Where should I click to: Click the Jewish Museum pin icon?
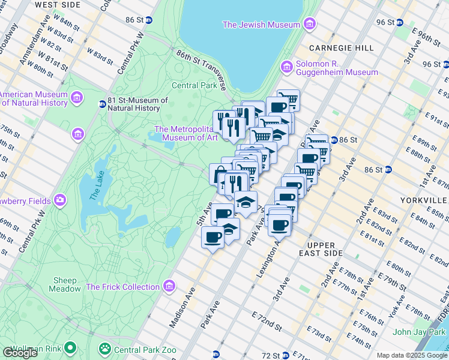[309, 25]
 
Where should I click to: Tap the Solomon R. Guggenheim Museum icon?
[287, 67]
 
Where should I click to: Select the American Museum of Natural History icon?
[77, 97]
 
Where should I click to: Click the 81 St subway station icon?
[101, 104]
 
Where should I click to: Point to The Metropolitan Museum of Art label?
[185, 133]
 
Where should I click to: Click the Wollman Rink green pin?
[71, 348]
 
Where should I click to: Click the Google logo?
[20, 353]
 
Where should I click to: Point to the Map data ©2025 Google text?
[412, 355]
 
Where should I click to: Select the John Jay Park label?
[420, 332]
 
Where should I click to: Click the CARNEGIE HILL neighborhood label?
[341, 47]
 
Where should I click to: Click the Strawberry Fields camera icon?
[60, 199]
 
